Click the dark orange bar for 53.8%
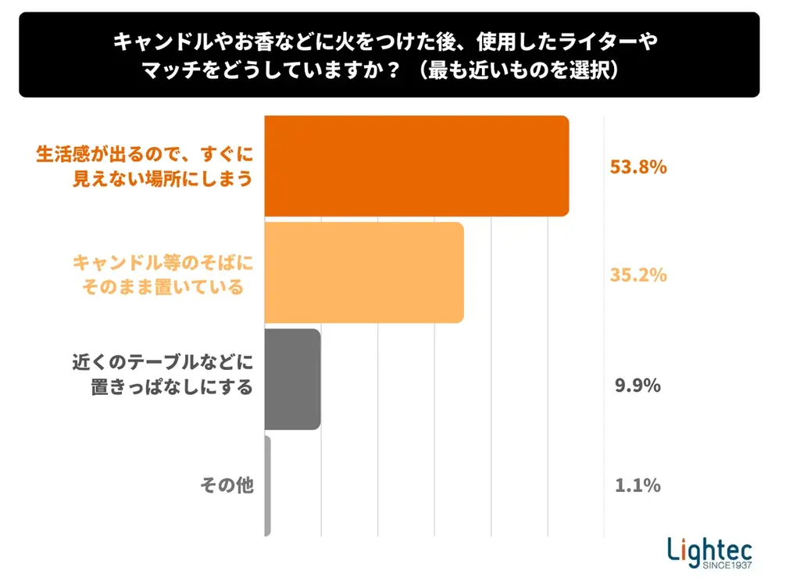(416, 166)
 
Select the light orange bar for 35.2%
(364, 273)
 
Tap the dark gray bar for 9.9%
(293, 379)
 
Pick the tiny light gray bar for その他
(268, 486)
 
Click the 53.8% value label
(637, 167)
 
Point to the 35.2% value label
(637, 275)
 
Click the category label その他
(227, 486)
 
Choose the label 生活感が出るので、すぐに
(145, 154)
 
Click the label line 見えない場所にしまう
(163, 179)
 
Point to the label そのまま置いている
(163, 287)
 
